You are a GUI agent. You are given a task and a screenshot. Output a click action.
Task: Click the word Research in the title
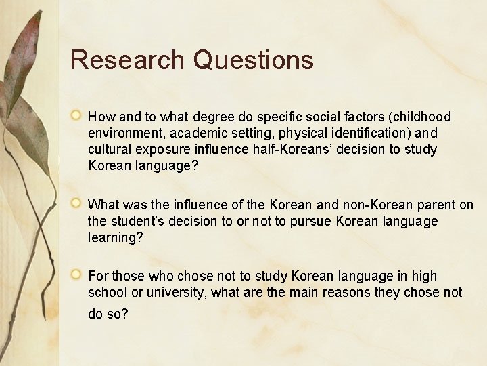click(127, 60)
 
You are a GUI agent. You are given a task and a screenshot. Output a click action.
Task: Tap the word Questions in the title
click(253, 60)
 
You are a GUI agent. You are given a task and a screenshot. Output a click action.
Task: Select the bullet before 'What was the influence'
click(77, 203)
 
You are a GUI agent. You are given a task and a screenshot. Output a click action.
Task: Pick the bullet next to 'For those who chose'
click(77, 275)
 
